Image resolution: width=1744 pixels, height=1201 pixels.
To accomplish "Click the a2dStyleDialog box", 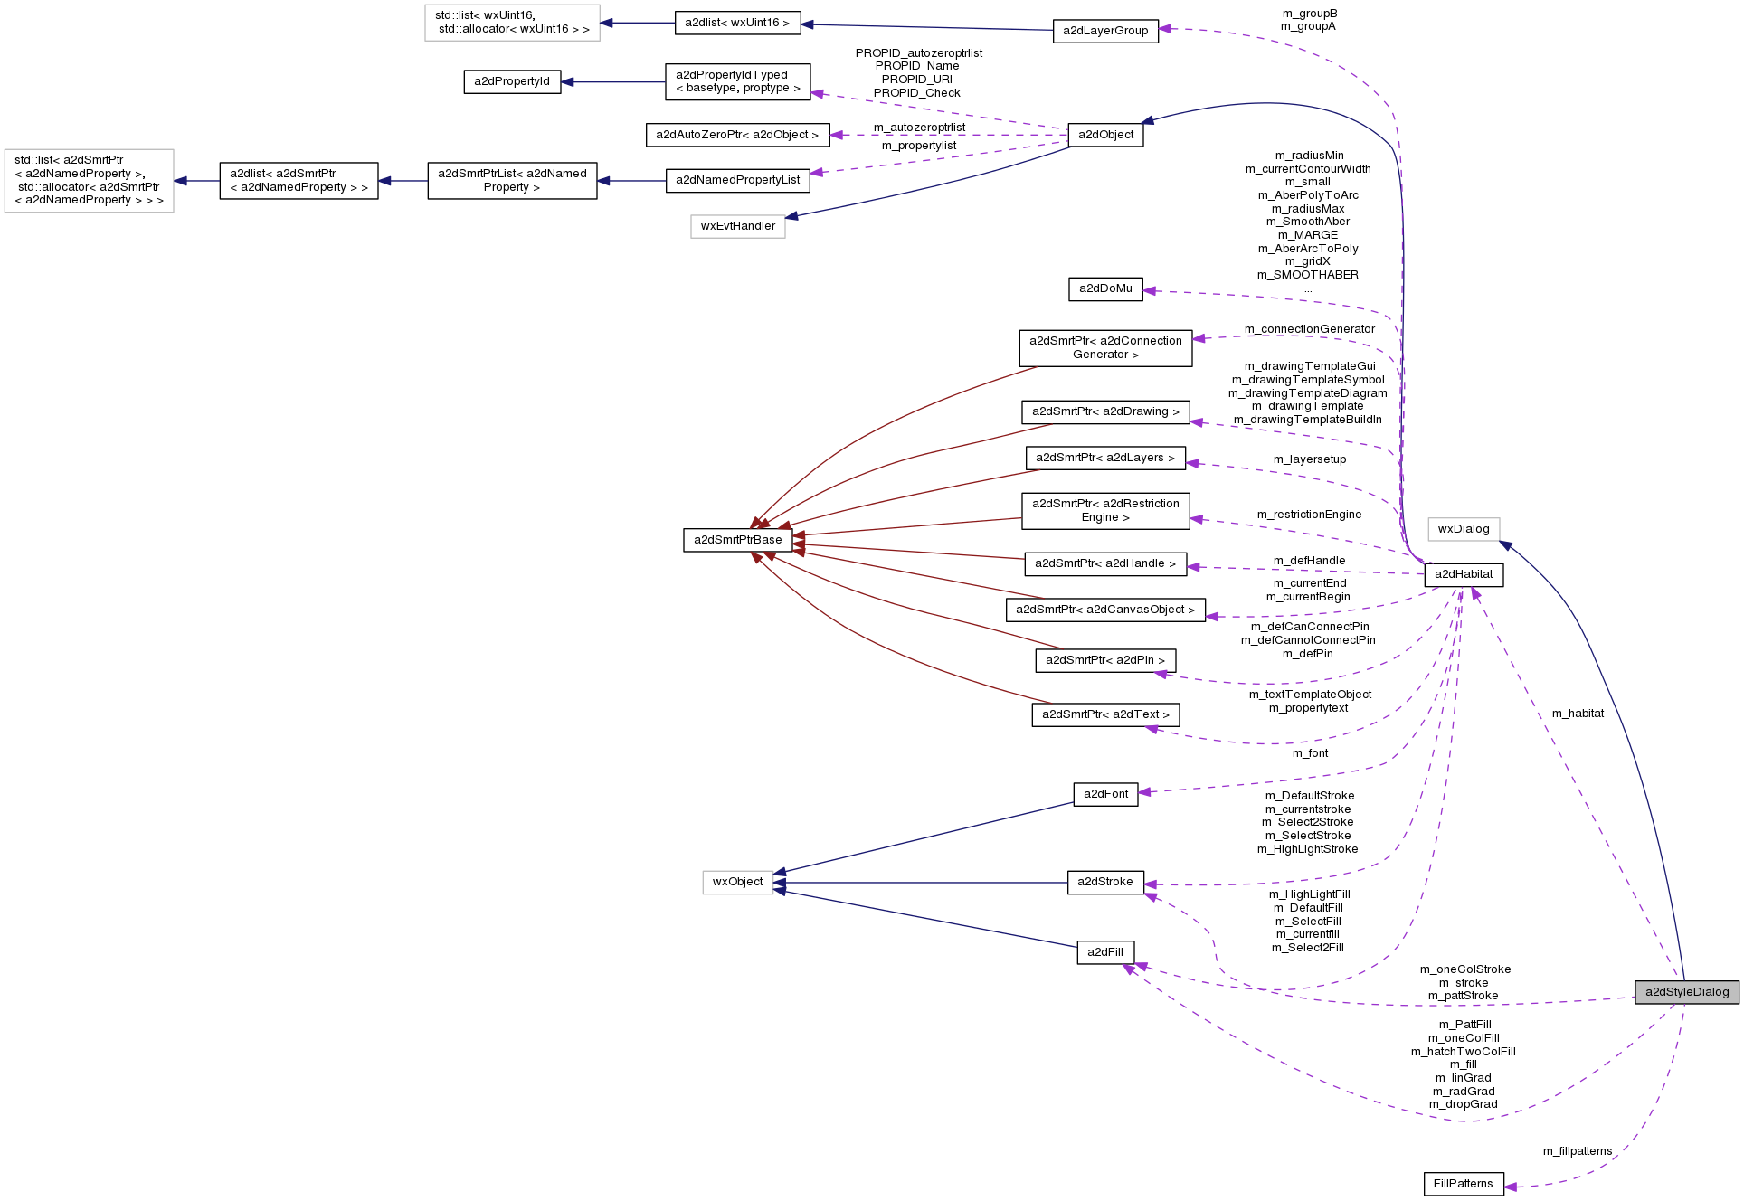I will [x=1686, y=992].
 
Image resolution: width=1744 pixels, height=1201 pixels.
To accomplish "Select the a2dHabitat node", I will [x=1464, y=574].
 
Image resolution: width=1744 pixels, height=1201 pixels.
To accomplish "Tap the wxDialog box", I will [x=1463, y=529].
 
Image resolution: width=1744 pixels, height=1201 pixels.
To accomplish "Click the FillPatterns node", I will [x=1463, y=1184].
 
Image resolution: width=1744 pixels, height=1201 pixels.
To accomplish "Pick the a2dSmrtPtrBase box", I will [x=737, y=540].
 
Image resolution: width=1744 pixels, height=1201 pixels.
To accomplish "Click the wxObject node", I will [x=737, y=882].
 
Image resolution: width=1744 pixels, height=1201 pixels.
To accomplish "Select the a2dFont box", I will [x=1105, y=794].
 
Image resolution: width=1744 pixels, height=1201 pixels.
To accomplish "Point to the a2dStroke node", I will [x=1104, y=882].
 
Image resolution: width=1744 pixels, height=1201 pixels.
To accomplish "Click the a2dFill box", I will [x=1104, y=952].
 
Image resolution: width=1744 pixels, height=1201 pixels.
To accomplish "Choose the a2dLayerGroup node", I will [x=1104, y=31].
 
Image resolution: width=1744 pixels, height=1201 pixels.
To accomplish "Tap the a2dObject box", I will [x=1105, y=135].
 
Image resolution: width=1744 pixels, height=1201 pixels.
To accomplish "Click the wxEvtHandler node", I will [x=737, y=226].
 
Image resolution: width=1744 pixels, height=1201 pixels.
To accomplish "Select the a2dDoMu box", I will [x=1104, y=288].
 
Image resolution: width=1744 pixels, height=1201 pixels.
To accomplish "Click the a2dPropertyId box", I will [x=512, y=81].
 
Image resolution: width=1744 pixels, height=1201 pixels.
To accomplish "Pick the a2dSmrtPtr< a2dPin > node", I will [x=1104, y=660].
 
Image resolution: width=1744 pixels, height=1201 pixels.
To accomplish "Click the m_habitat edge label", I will [x=1578, y=714].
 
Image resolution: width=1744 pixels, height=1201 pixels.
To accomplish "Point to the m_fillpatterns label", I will [x=1577, y=1151].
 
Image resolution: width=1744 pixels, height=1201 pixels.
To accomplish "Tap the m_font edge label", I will [x=1310, y=753].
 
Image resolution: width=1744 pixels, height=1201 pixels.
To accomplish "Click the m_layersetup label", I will [x=1309, y=459].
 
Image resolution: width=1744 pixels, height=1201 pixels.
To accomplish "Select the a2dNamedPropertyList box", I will [x=737, y=180].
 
